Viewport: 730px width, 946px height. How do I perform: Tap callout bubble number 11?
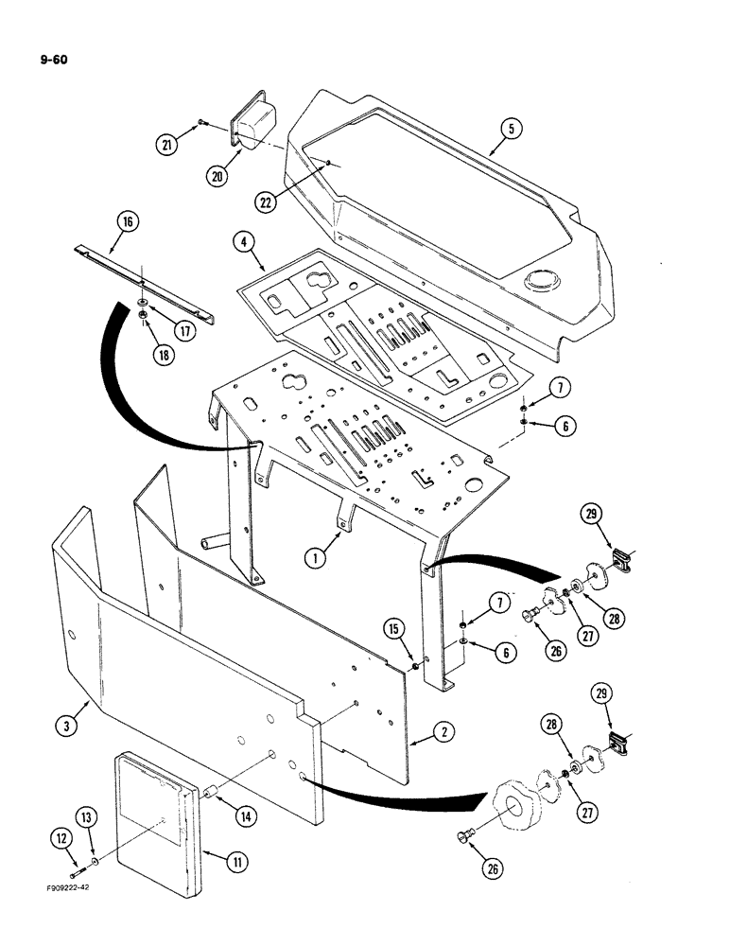(x=222, y=859)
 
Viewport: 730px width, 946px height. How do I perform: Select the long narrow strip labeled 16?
(x=142, y=282)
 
